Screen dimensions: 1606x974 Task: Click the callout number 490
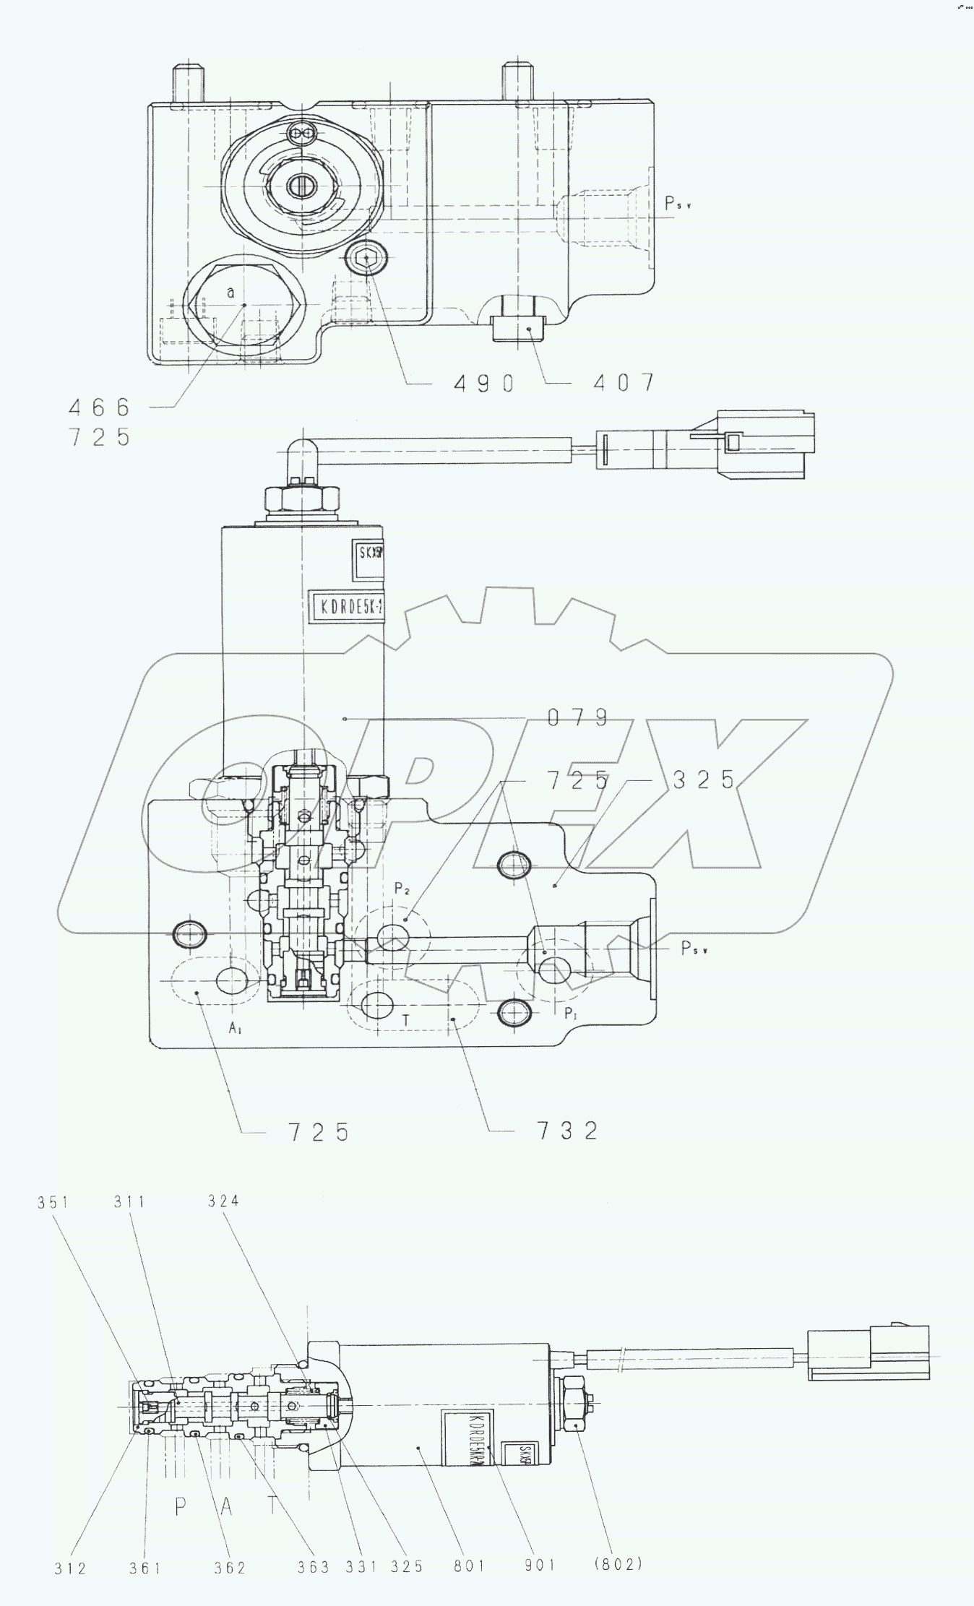(483, 382)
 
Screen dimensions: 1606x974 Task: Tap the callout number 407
(624, 382)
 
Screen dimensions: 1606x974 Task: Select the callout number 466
(100, 407)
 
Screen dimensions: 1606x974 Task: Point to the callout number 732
(567, 1131)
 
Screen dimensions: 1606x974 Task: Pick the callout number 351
(53, 1203)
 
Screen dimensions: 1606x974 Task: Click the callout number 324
(223, 1201)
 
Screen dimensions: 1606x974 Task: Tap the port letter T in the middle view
(406, 1020)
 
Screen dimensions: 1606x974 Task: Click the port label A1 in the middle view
(235, 1029)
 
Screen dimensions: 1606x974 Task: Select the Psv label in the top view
(678, 204)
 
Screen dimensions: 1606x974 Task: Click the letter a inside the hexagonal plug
(230, 293)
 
